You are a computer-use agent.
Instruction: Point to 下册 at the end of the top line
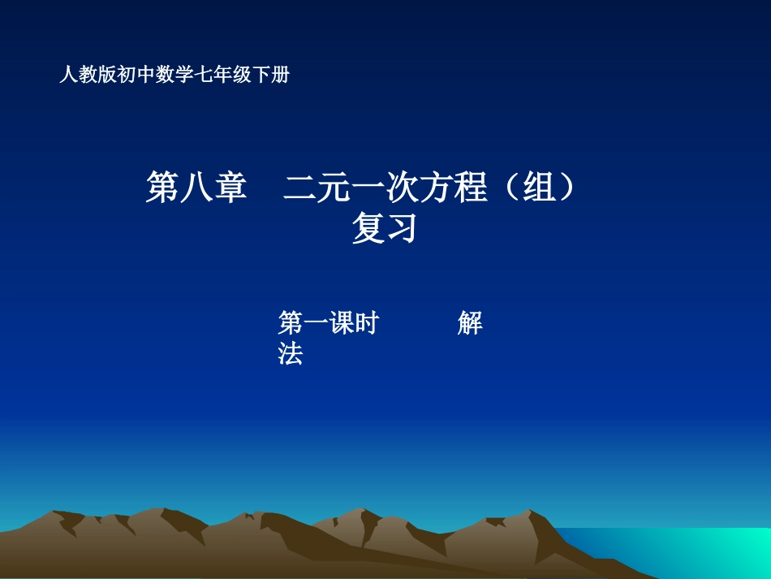[x=271, y=76]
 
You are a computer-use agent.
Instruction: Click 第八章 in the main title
[x=196, y=188]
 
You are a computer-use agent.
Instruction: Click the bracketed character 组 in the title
[x=536, y=188]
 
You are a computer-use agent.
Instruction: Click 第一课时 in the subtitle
[x=328, y=323]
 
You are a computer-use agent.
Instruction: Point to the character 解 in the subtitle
[x=470, y=323]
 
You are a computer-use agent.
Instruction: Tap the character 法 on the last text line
[x=291, y=354]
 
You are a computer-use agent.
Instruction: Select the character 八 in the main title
[x=196, y=188]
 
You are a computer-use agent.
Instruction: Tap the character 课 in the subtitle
[x=340, y=323]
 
